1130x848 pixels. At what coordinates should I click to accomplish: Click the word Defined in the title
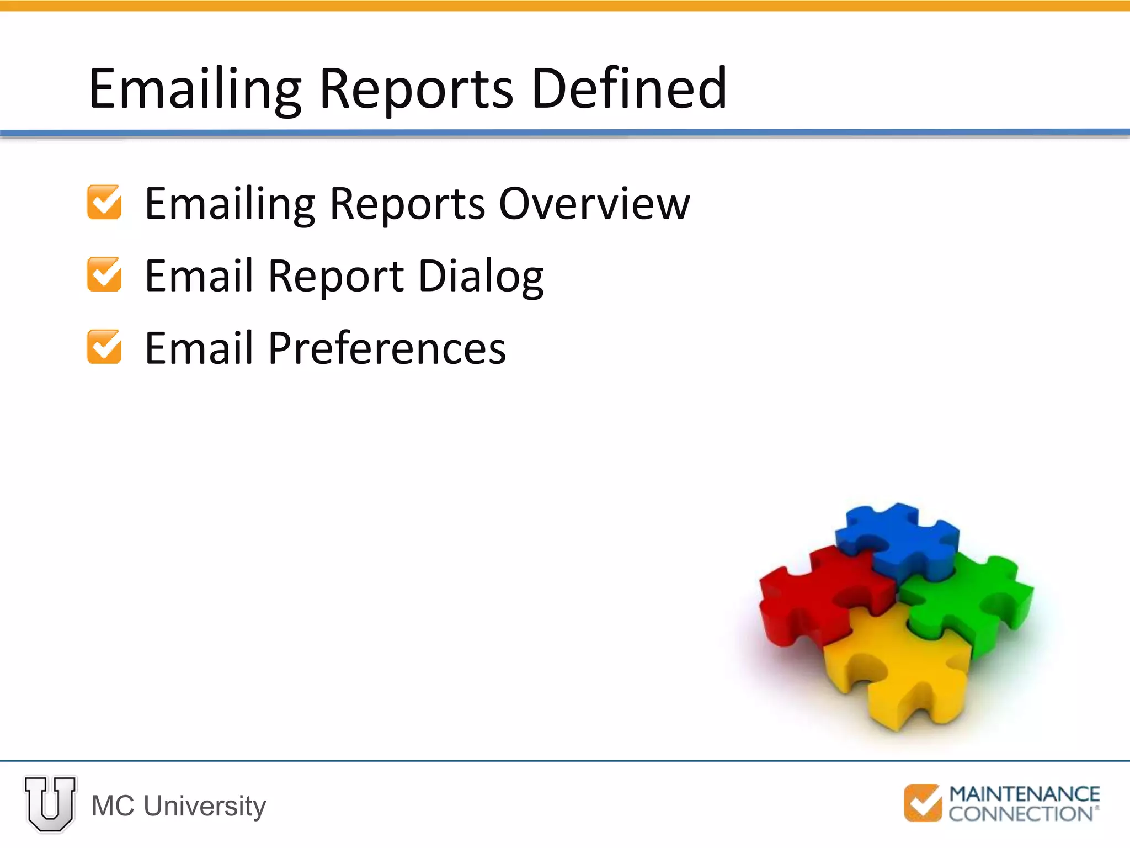point(628,88)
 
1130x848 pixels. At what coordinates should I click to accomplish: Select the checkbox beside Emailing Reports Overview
point(104,202)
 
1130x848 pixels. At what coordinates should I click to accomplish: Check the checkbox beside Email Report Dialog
point(104,274)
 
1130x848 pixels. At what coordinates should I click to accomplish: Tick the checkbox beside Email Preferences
point(104,347)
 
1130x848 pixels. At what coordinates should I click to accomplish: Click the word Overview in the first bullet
point(594,204)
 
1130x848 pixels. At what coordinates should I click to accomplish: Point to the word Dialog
point(481,276)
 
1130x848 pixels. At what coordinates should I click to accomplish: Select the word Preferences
point(387,348)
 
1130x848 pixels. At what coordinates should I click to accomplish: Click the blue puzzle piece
point(897,538)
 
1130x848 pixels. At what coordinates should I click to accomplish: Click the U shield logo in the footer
point(50,804)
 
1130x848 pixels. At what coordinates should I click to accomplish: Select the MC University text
point(179,806)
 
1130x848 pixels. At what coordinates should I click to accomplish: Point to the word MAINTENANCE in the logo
point(1024,794)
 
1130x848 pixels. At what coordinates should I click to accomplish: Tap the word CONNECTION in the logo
point(1021,814)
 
